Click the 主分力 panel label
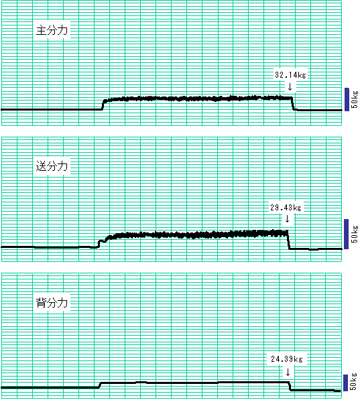pos(52,30)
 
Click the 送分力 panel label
pos(52,166)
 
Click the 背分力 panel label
pos(52,303)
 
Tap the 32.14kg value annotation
pos(290,75)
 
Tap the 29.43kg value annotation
pos(286,208)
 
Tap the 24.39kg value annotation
pos(287,359)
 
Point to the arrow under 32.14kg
pos(290,86)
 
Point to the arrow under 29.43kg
pos(287,218)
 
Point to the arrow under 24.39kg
pos(288,372)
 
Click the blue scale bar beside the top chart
pos(347,99)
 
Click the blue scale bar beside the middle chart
pos(346,234)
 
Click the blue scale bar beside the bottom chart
pos(345,383)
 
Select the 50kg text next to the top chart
pos(355,99)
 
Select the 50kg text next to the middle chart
pos(355,234)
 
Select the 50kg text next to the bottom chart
pos(353,382)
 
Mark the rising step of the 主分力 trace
pos(103,105)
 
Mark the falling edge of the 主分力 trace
pos(293,104)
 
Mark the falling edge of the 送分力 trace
pos(288,240)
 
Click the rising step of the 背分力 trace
pos(100,385)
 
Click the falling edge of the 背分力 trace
pos(290,386)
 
